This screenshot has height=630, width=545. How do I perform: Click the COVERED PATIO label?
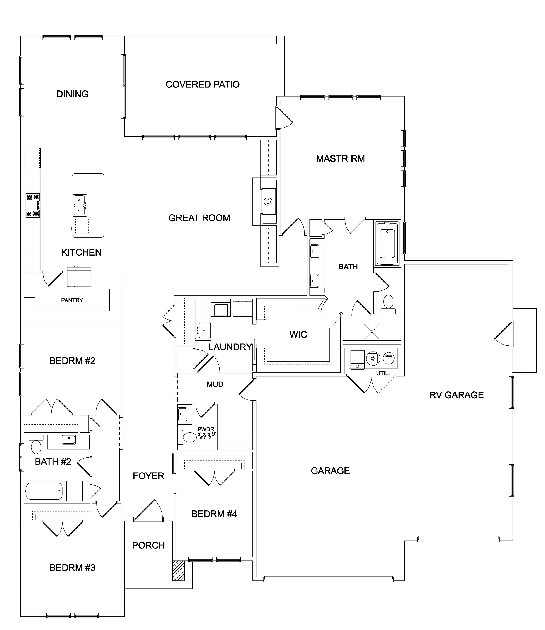[x=203, y=84]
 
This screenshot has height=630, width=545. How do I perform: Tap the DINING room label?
[x=72, y=94]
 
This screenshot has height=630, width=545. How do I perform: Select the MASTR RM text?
[x=340, y=159]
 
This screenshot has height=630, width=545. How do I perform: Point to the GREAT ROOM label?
[x=199, y=218]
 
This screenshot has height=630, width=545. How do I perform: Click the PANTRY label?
[x=72, y=300]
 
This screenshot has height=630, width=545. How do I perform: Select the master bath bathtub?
[x=387, y=244]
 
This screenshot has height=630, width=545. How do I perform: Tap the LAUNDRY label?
[x=230, y=347]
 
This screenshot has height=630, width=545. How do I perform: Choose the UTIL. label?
[x=383, y=373]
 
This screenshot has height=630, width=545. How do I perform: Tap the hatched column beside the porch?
[x=179, y=571]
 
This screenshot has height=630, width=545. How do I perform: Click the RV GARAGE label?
[x=456, y=395]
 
